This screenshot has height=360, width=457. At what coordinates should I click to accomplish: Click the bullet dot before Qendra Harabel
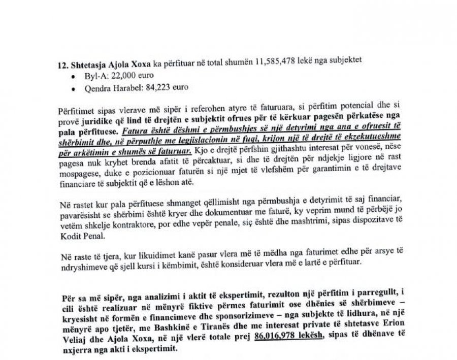[75, 89]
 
